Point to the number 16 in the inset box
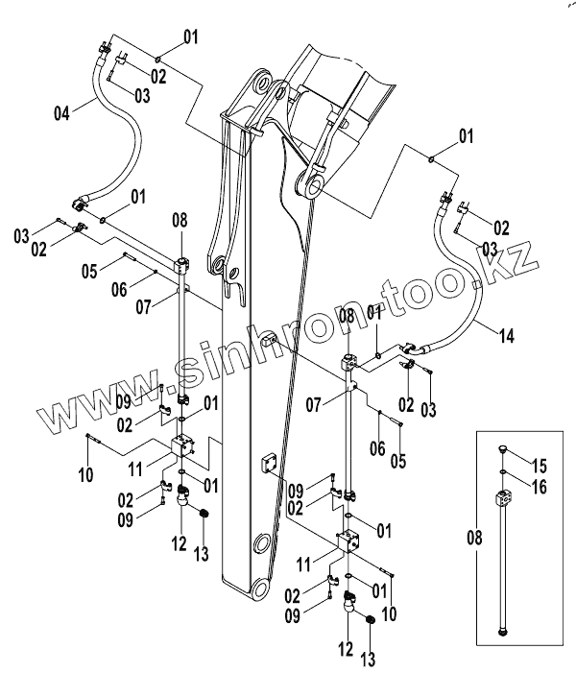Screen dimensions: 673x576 click(x=541, y=487)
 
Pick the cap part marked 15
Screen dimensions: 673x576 click(x=504, y=448)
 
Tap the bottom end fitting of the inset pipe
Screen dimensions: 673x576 click(x=504, y=632)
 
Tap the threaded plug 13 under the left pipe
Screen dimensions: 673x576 click(x=204, y=517)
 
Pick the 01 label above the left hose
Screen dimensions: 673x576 click(x=190, y=38)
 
